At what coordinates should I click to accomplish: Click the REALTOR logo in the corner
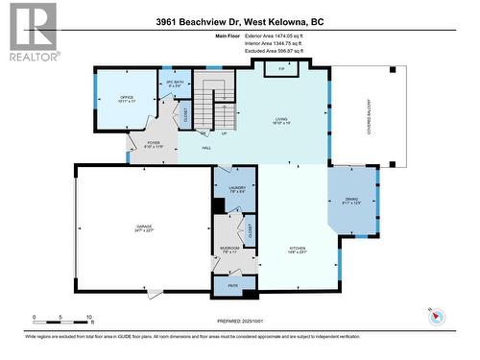(x=30, y=33)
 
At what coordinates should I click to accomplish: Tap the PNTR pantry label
(x=233, y=286)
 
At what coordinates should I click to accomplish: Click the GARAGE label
(x=143, y=228)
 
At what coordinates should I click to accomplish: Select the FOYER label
(x=154, y=144)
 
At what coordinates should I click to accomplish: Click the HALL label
(x=206, y=148)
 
